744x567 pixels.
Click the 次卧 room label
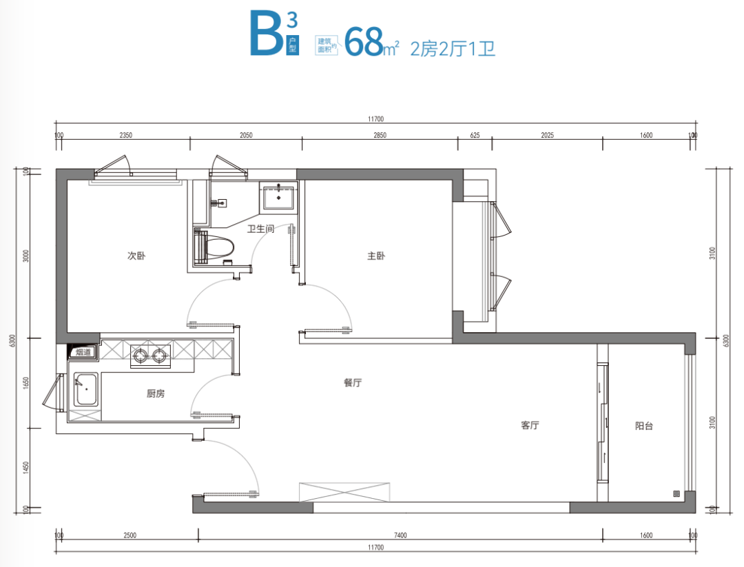click(136, 256)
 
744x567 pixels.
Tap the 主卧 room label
click(376, 256)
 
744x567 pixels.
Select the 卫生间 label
click(260, 229)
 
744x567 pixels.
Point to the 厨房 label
click(156, 393)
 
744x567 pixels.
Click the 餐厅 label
click(353, 382)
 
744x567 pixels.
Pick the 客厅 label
click(530, 425)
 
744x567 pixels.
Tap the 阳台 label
click(644, 426)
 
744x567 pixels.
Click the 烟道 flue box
click(83, 351)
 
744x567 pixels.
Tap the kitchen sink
click(86, 389)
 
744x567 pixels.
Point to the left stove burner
click(141, 355)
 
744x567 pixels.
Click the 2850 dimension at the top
click(380, 135)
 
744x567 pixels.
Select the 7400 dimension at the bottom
click(400, 535)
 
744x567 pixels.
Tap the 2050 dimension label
click(246, 135)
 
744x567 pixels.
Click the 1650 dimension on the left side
click(26, 383)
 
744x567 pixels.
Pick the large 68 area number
click(364, 42)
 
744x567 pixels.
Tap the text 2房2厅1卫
click(453, 49)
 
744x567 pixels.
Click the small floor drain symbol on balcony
click(676, 494)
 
